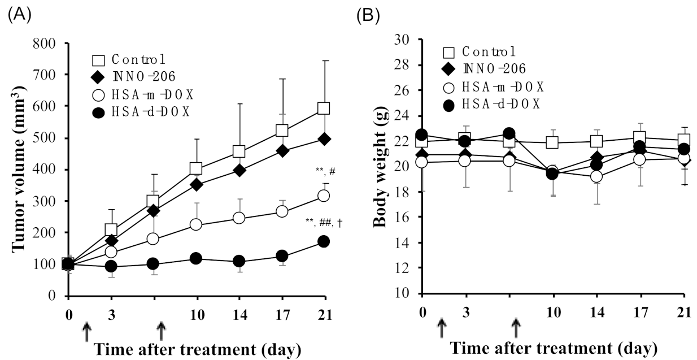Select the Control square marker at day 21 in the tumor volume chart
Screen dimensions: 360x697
click(324, 108)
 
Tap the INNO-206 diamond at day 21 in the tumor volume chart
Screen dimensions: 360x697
click(324, 138)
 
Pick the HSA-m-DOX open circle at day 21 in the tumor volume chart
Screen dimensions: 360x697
click(324, 196)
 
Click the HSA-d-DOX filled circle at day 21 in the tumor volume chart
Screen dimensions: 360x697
click(324, 241)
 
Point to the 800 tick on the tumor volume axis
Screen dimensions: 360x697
click(50, 43)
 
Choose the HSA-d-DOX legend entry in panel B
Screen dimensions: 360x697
click(491, 104)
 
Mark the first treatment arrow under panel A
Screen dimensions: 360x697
click(86, 332)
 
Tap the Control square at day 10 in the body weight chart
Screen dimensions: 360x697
click(553, 143)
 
